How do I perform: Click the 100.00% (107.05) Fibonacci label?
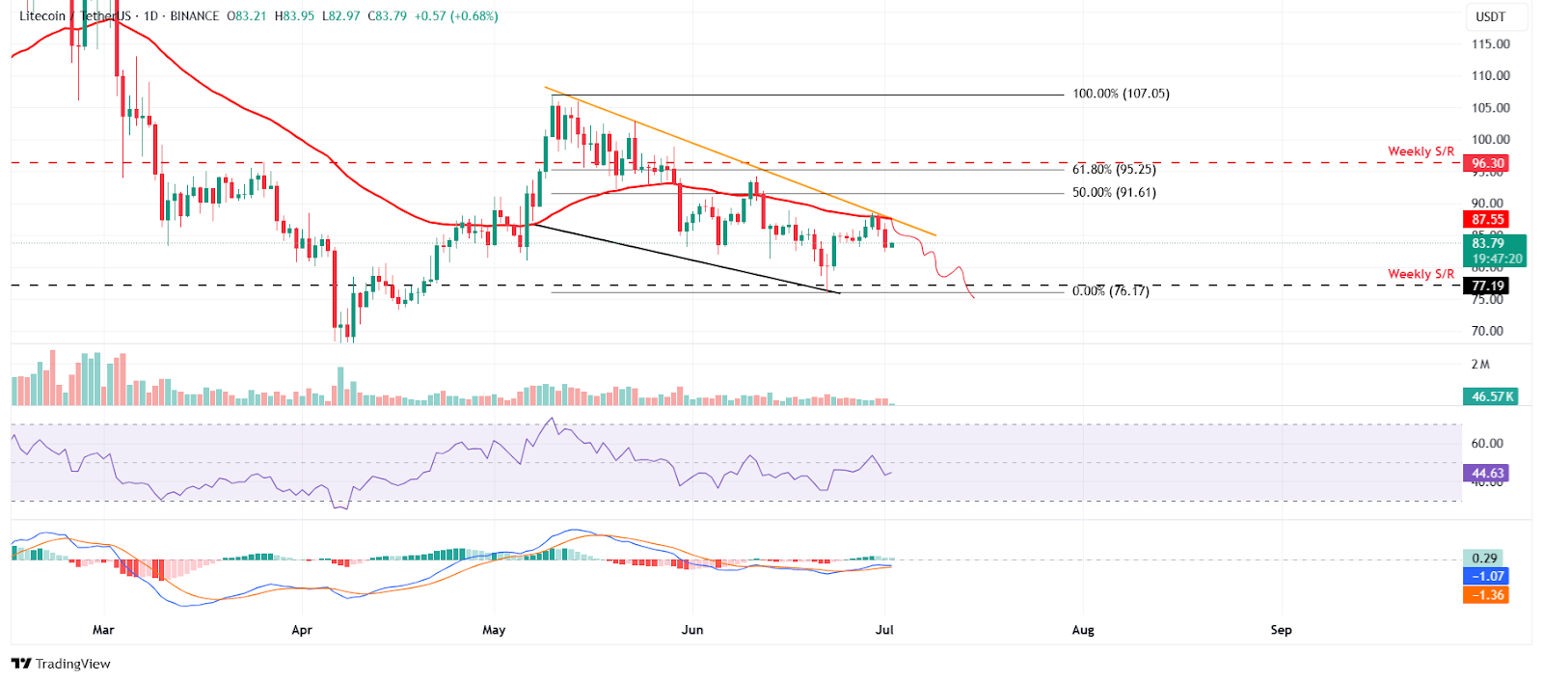tap(1121, 94)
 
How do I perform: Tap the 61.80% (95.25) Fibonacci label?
tap(1114, 169)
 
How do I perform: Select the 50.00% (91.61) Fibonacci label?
tap(1114, 192)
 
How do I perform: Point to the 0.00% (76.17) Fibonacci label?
tap(1110, 290)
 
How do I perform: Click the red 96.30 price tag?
tap(1488, 163)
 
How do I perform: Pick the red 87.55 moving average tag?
tap(1488, 219)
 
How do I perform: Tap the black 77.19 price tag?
tap(1488, 286)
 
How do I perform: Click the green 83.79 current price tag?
tap(1488, 243)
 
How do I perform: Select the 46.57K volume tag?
tap(1492, 396)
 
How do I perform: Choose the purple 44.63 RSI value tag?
tap(1486, 473)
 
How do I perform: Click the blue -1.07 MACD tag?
tap(1486, 576)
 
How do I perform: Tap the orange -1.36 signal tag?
tap(1486, 594)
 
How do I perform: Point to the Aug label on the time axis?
tap(1083, 630)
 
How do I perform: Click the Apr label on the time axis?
tap(302, 630)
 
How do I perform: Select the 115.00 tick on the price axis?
tap(1490, 43)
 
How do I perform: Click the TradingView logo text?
tap(72, 664)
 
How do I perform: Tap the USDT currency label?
tap(1490, 16)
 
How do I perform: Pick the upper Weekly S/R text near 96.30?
tap(1421, 151)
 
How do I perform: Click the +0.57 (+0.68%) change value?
tap(456, 16)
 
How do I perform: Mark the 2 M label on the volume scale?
tap(1480, 364)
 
